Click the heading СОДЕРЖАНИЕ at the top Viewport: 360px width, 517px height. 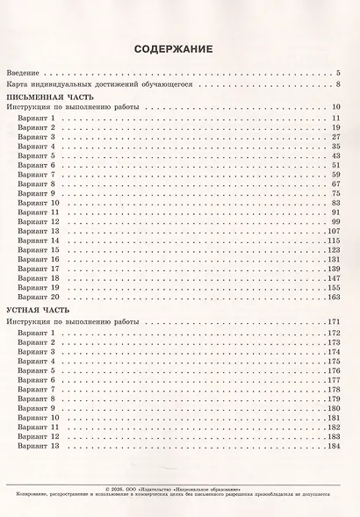click(178, 49)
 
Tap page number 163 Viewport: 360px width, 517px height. click(333, 298)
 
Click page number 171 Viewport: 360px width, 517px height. click(333, 323)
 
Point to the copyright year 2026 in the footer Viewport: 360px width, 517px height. click(124, 489)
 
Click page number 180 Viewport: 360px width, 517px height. click(333, 408)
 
